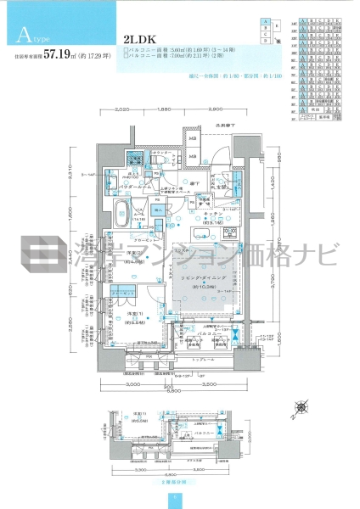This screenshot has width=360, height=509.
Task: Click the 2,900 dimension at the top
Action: point(212,110)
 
